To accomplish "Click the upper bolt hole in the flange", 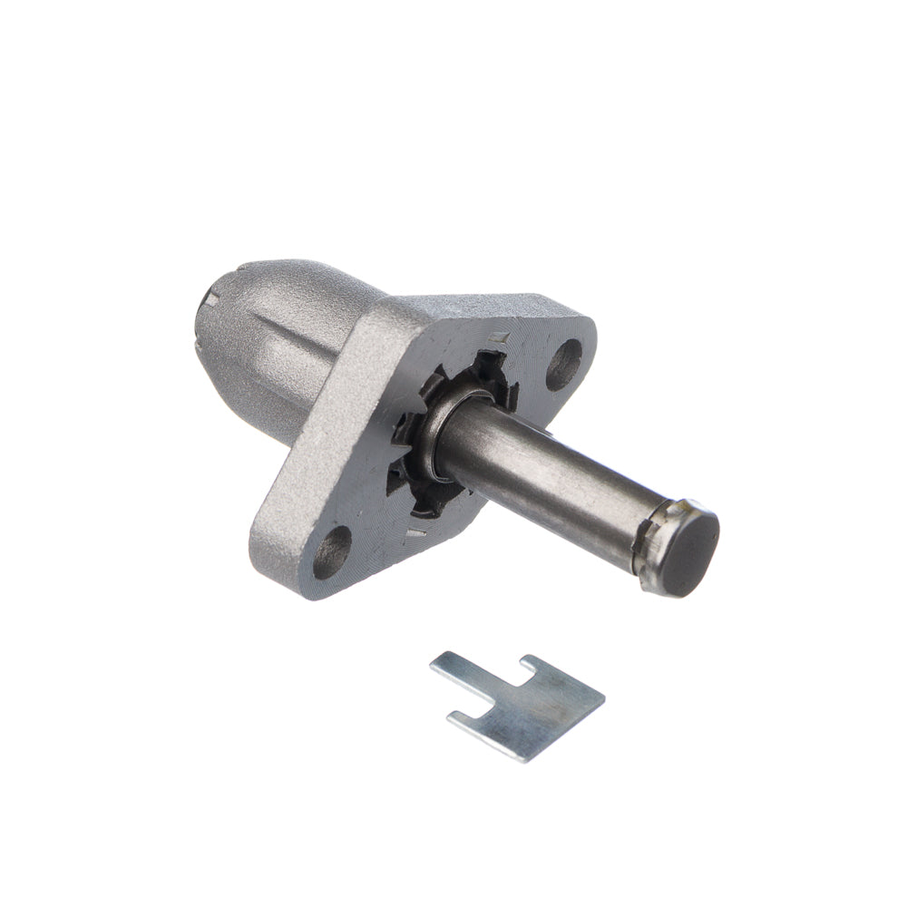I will pos(564,363).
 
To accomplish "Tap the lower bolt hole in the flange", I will pos(333,551).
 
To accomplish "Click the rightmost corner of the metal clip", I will pos(603,698).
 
